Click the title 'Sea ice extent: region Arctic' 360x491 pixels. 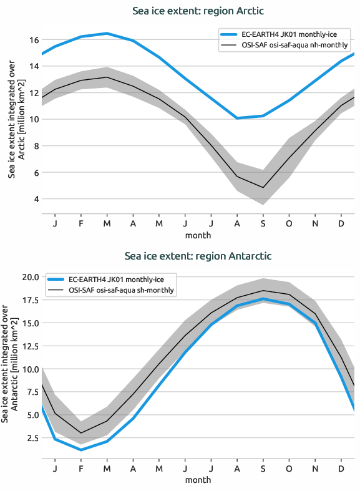[x=198, y=11]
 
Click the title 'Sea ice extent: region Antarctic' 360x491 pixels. [x=198, y=256]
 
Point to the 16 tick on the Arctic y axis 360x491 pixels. [x=34, y=40]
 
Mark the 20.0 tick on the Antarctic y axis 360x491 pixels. [x=29, y=277]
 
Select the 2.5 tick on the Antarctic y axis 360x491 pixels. [x=31, y=438]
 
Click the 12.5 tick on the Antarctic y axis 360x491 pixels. [x=29, y=346]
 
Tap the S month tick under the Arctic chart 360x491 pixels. [x=263, y=223]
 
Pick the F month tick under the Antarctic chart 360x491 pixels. [x=81, y=468]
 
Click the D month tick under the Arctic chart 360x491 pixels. [x=341, y=223]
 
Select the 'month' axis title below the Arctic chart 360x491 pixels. [x=198, y=235]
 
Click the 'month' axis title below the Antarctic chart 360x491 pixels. [x=198, y=480]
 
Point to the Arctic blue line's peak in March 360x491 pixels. [x=107, y=33]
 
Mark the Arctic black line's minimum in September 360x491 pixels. [x=263, y=187]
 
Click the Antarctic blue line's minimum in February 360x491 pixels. [x=81, y=450]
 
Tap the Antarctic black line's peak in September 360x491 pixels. [x=263, y=291]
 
